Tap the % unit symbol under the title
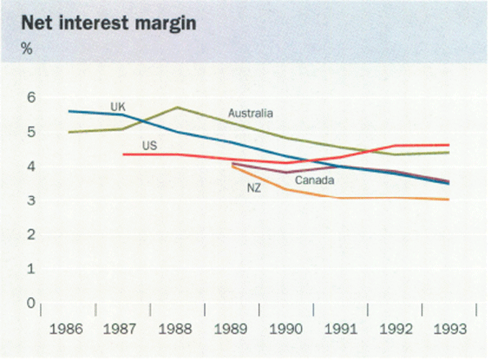[26, 50]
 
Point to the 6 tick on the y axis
[32, 97]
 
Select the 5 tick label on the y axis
[32, 132]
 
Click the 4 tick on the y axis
[32, 166]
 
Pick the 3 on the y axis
[32, 200]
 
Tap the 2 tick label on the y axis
[32, 235]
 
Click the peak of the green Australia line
[178, 107]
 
